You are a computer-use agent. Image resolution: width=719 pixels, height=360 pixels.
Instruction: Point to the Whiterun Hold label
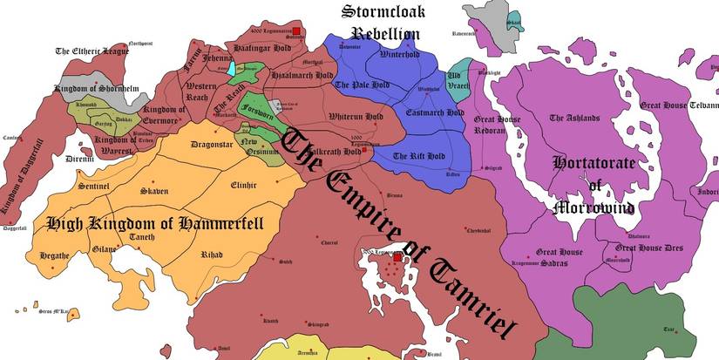pos(356,116)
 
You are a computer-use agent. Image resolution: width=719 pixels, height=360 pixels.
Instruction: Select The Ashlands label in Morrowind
pos(574,118)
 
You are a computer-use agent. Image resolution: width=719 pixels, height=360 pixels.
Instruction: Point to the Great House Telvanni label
pos(679,105)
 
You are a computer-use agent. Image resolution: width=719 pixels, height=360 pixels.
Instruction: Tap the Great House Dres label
pos(648,248)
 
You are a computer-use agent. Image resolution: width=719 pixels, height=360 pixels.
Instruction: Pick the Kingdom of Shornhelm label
pos(97,87)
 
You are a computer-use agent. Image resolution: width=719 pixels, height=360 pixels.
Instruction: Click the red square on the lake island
pos(397,258)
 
